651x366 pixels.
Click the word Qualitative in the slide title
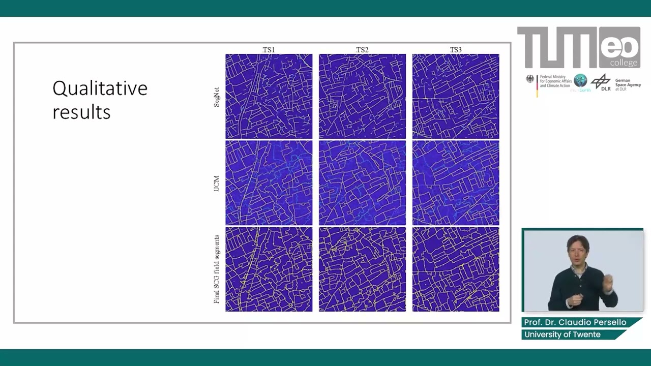coord(100,88)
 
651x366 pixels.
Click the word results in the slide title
coord(81,112)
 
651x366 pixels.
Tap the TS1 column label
coord(269,50)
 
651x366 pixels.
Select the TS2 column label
coord(362,50)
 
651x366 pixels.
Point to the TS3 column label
coord(456,50)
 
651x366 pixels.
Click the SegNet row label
coord(217,97)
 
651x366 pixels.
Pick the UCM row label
coord(217,184)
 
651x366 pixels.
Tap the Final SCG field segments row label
coord(217,269)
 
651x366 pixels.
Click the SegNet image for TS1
coord(269,96)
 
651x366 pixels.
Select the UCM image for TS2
coord(362,183)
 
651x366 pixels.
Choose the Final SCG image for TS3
coord(456,269)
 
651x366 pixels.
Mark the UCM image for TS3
coord(456,183)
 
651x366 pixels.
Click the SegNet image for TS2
coord(362,96)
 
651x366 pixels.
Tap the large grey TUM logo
coord(557,47)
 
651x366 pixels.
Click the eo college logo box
coord(619,48)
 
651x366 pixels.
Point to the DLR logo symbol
coord(601,81)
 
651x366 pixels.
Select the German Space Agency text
coord(628,84)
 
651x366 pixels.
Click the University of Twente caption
coord(563,334)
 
